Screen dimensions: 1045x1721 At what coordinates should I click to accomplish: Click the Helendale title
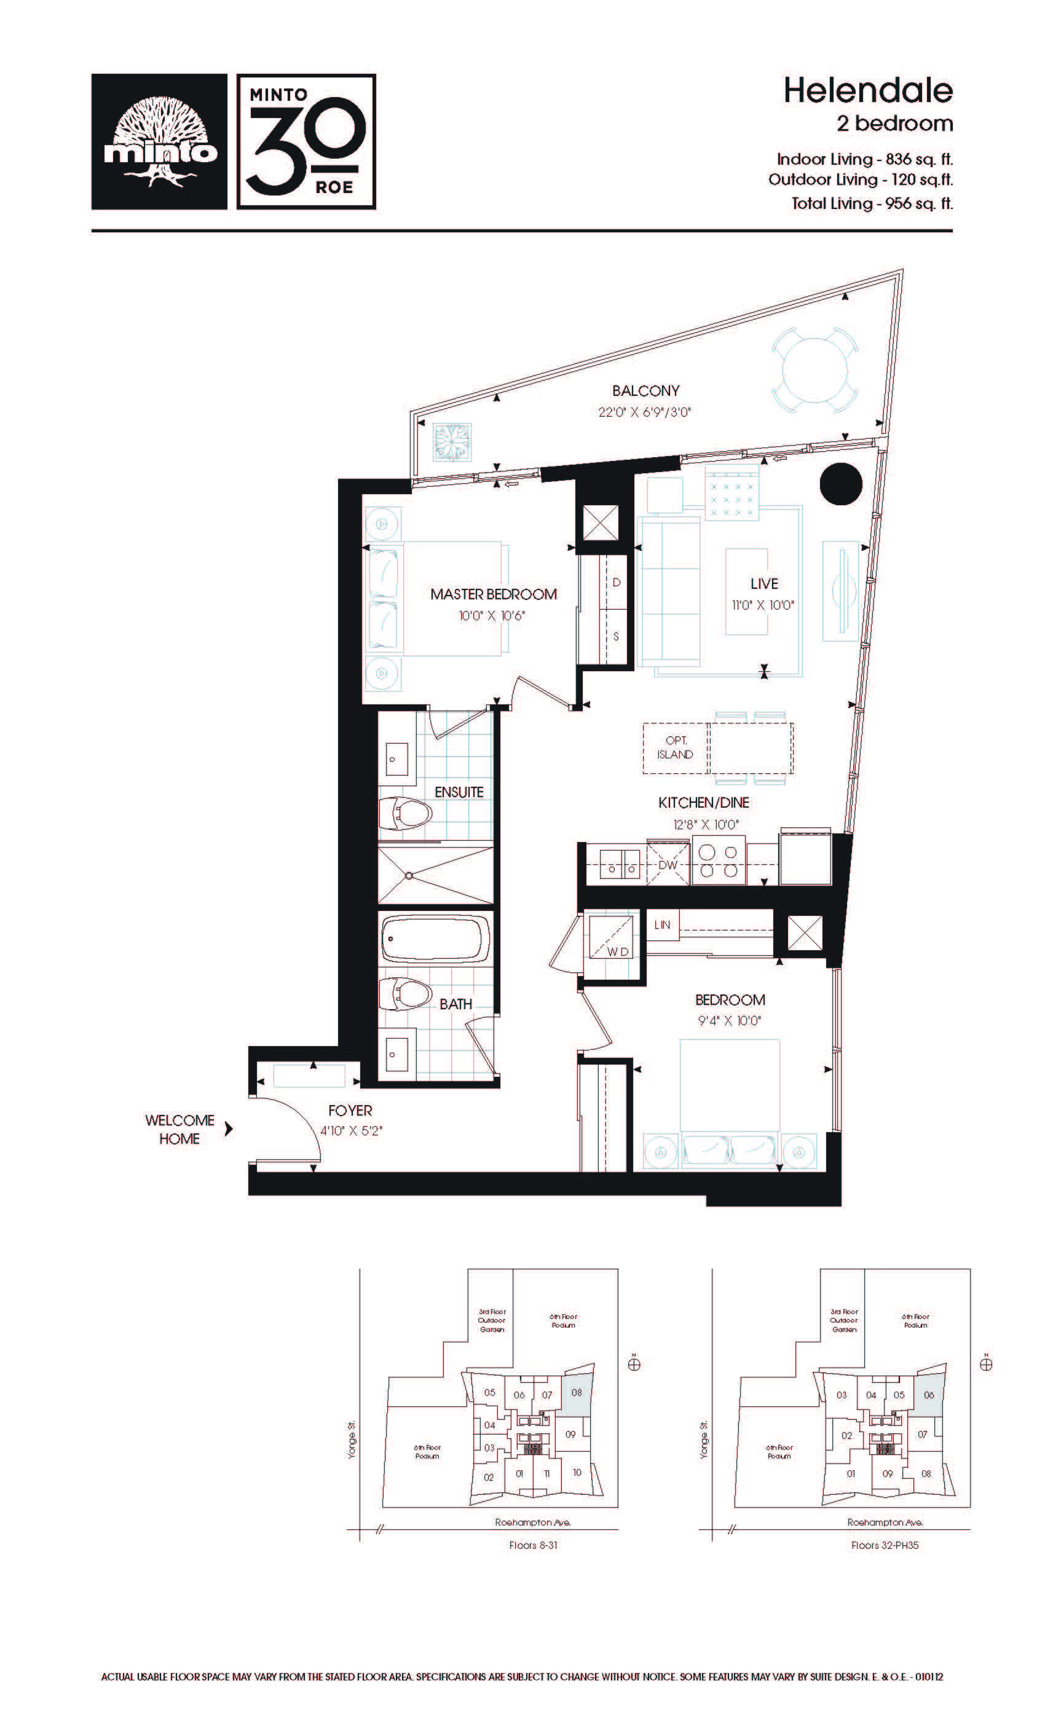(867, 91)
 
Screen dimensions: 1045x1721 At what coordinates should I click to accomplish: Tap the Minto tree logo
(159, 142)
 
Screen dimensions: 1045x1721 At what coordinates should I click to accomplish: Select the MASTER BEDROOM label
(493, 594)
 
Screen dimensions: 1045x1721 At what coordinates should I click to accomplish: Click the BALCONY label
(645, 390)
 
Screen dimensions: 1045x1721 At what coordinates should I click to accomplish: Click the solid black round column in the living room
(840, 483)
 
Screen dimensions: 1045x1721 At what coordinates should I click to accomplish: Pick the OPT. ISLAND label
(675, 747)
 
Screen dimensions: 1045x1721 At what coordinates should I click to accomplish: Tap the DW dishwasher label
(668, 865)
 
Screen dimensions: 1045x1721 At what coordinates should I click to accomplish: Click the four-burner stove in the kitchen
(718, 861)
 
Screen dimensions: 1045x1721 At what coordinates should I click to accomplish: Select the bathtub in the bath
(435, 939)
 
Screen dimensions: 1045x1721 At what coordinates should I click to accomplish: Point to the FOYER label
(350, 1111)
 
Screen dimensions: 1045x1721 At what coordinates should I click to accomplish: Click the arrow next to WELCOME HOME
(229, 1128)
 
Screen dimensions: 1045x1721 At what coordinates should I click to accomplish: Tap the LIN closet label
(661, 925)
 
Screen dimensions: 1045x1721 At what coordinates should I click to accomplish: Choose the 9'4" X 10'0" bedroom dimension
(729, 1020)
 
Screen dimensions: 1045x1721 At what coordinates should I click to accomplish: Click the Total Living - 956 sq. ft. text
(872, 203)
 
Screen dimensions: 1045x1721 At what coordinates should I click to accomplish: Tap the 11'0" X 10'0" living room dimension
(763, 605)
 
